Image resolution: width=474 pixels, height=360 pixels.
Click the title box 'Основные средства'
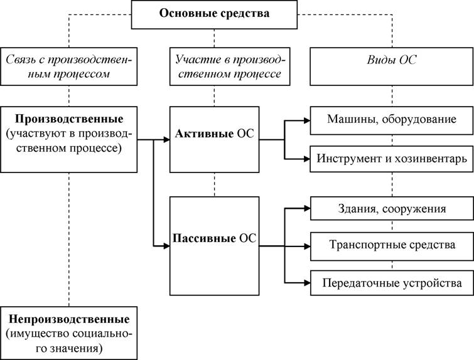tap(214, 14)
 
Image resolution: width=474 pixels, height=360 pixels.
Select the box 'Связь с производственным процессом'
tap(68, 66)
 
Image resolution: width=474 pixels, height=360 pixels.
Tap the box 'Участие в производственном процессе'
tap(230, 66)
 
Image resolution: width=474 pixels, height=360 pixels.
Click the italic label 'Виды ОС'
tap(392, 60)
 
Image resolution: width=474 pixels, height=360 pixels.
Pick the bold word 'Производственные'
tap(69, 119)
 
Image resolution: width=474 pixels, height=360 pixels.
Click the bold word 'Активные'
tap(204, 133)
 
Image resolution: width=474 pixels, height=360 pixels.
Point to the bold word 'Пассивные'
tap(204, 238)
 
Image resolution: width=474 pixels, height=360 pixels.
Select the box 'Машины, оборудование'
tap(392, 120)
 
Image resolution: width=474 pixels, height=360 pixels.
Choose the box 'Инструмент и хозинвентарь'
tap(392, 159)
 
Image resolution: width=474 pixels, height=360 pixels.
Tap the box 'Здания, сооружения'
tap(392, 208)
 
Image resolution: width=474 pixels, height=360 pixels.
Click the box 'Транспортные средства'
tap(392, 246)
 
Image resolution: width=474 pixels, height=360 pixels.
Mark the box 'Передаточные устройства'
tap(392, 283)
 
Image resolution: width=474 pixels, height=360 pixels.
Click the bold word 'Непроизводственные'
tap(69, 319)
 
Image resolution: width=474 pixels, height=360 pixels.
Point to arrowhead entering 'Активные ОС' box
tap(166, 139)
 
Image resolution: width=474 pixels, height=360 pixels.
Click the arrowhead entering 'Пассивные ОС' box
tap(166, 246)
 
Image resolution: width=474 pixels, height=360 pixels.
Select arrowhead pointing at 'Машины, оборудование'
tap(307, 120)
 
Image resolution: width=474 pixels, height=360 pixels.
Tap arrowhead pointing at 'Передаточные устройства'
tap(307, 283)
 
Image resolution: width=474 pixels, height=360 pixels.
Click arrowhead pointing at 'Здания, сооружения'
tap(307, 208)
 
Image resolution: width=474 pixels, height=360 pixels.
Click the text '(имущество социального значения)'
tap(69, 341)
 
